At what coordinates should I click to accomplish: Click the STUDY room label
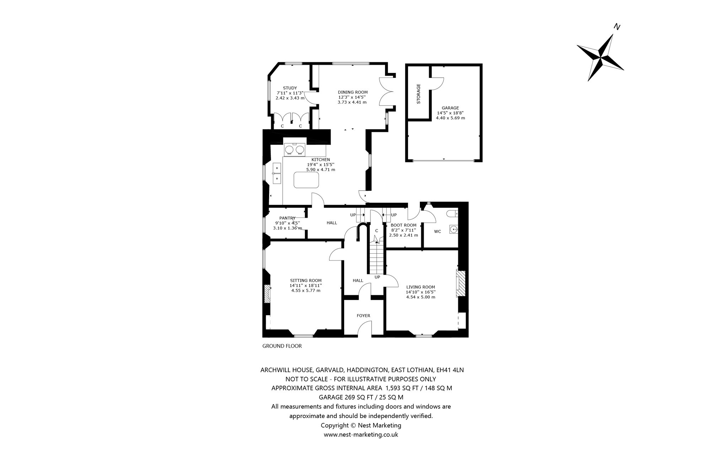coord(290,88)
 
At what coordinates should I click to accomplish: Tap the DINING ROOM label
coord(353,92)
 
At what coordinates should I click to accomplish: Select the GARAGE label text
coord(450,108)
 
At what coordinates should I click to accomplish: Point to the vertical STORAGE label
coord(418,94)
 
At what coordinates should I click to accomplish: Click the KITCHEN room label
coord(321,160)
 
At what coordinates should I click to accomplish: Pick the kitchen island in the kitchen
coord(306,180)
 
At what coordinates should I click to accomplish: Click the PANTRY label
coord(287,218)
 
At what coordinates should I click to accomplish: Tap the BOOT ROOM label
coord(403,225)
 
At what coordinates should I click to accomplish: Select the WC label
coord(438,232)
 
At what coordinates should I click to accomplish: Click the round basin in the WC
coord(453,230)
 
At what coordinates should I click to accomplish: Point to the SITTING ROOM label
coord(306,280)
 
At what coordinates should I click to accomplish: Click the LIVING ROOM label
coord(421,287)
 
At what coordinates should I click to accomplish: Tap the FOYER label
coord(363,316)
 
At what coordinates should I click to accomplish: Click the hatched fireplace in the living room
coord(460,284)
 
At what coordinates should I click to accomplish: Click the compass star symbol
coord(600,57)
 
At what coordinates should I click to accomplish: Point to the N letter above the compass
coord(617,27)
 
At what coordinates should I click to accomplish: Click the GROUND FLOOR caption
coord(282,346)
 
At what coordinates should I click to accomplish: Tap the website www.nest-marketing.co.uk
coord(361,435)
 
